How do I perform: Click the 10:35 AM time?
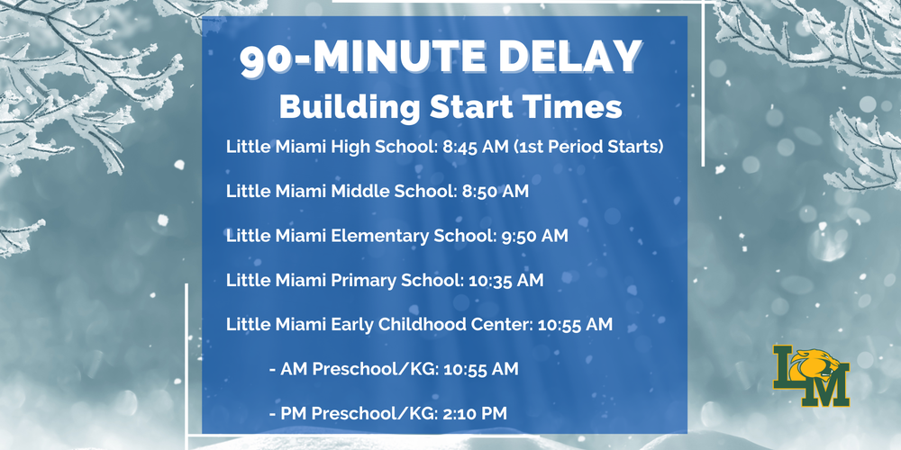[506, 280]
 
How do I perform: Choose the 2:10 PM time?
[476, 414]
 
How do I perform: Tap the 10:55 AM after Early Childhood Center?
[575, 324]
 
